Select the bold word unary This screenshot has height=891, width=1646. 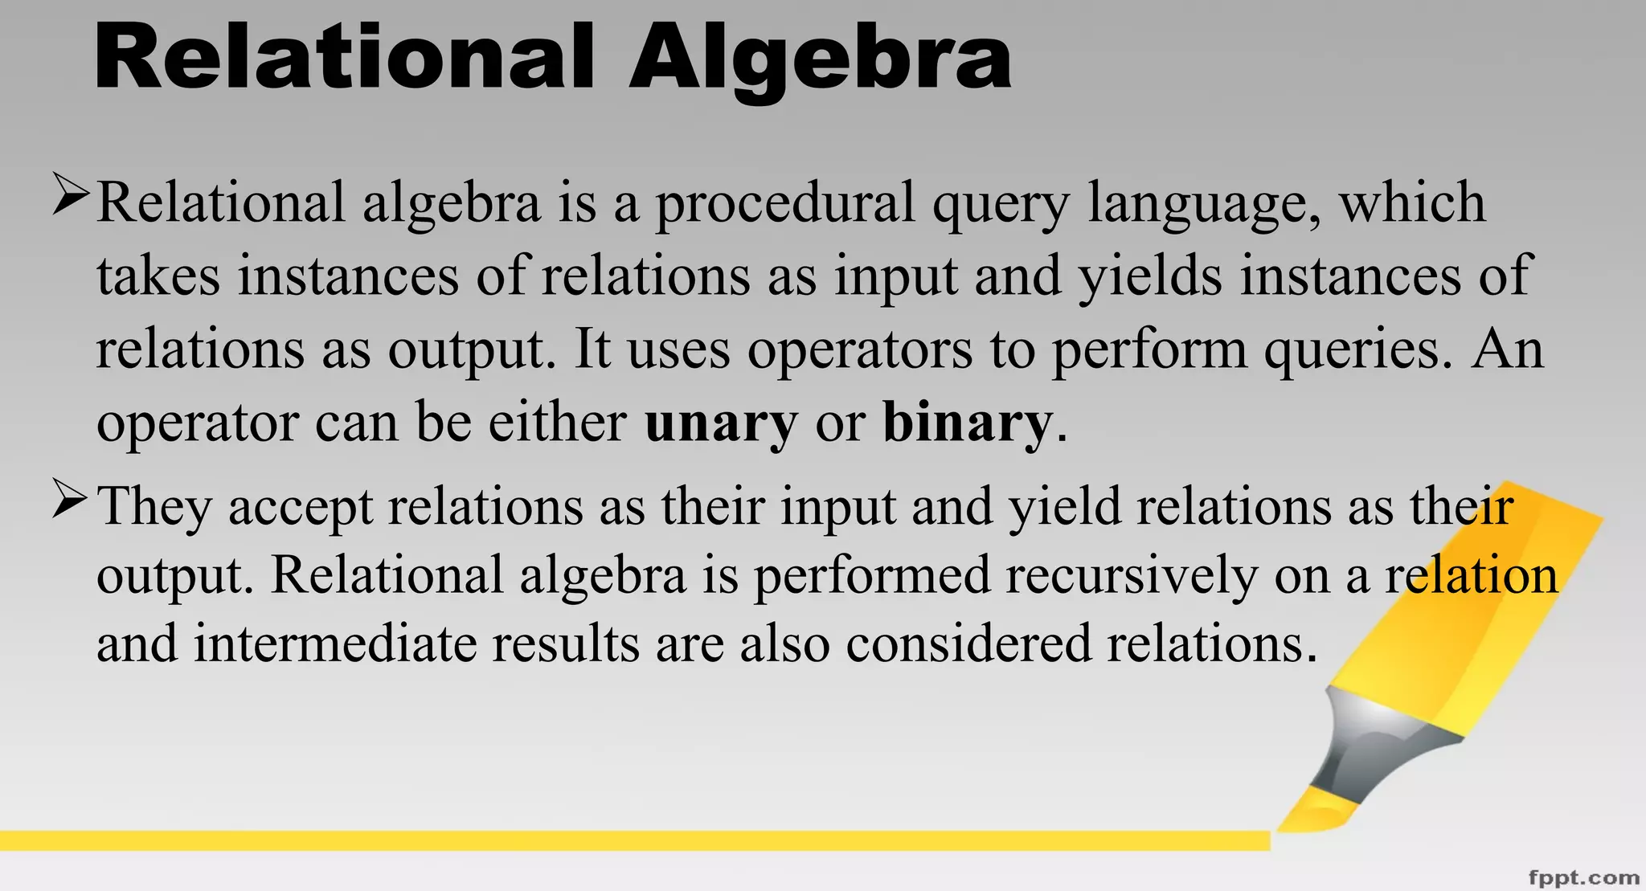coord(721,423)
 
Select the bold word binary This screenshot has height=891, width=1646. coord(967,423)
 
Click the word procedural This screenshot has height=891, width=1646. coord(785,204)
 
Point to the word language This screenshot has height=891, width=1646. coord(1203,204)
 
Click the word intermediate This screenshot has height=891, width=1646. coord(335,644)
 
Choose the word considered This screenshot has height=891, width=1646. coord(968,644)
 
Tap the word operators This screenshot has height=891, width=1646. coord(860,350)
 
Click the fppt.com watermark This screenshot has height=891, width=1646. coord(1583,877)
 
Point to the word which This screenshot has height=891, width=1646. coord(1411,202)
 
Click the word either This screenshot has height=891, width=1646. coord(557,423)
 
